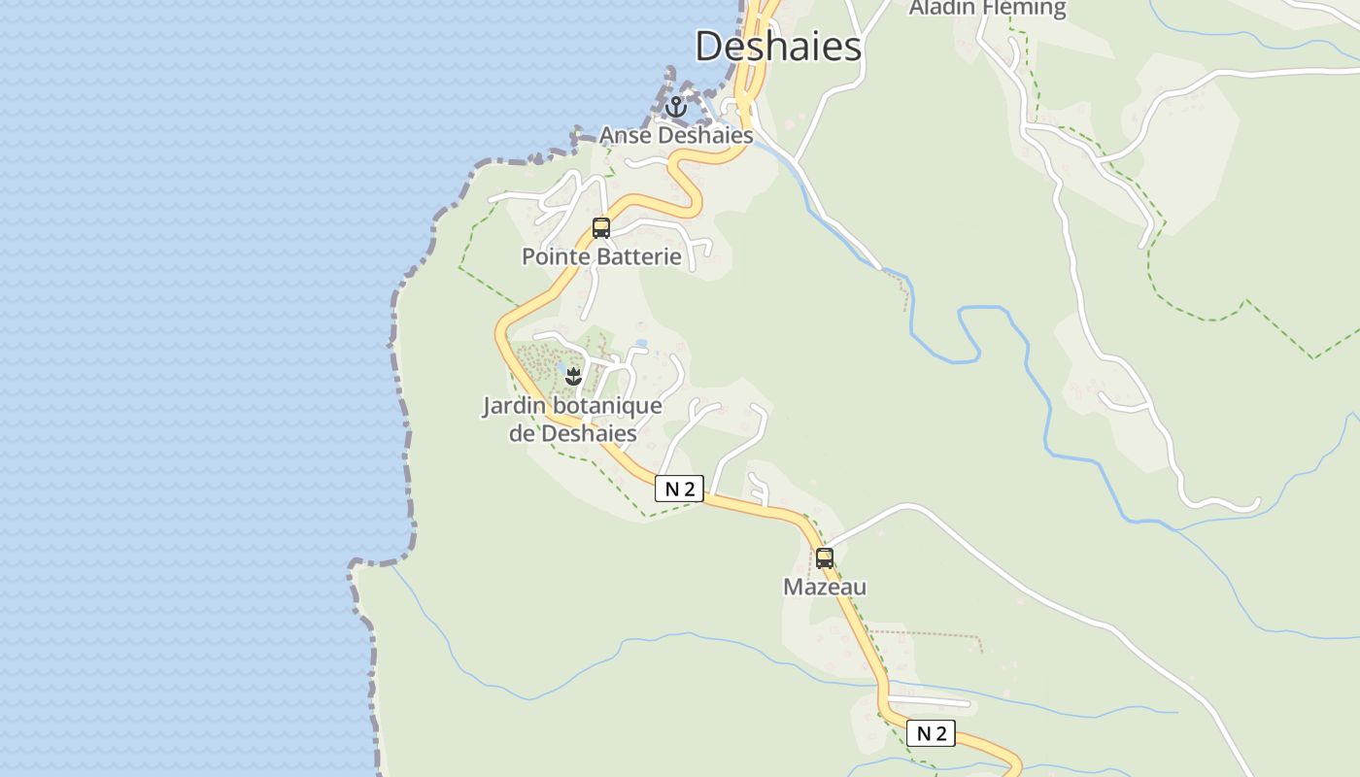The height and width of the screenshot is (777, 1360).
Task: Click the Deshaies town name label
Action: click(778, 46)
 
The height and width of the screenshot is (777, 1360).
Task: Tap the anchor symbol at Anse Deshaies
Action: click(676, 106)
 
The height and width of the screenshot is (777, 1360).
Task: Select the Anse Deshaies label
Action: click(676, 135)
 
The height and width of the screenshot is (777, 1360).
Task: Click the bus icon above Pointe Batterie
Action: click(601, 228)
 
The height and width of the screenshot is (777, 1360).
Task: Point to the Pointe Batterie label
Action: click(601, 256)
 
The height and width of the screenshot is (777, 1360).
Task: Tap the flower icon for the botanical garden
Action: click(573, 376)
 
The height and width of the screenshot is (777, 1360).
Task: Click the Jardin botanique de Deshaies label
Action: click(573, 419)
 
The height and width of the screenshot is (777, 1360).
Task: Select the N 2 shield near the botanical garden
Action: click(679, 489)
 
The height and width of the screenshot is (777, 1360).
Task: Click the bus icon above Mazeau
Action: click(825, 558)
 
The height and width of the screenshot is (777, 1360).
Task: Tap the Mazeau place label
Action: click(825, 587)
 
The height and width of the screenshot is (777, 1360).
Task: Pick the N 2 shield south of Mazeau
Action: click(931, 733)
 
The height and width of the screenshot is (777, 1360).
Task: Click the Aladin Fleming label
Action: click(987, 8)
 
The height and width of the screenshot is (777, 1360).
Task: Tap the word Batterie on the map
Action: click(640, 256)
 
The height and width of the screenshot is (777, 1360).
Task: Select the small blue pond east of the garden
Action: click(640, 343)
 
